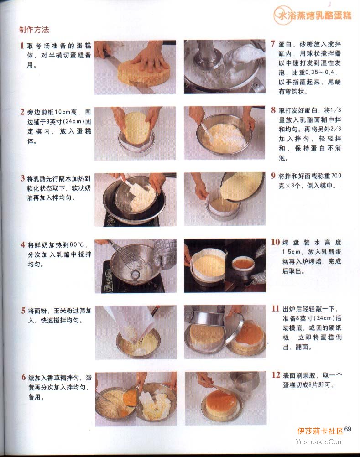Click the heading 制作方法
(34, 30)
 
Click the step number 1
(22, 46)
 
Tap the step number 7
(273, 44)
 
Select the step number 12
(276, 375)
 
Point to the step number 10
(276, 242)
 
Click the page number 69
(348, 429)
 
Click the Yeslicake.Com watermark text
(319, 442)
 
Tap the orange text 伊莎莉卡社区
(320, 431)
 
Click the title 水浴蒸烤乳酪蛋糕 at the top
(315, 15)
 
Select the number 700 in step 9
(336, 176)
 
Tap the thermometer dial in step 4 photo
(135, 275)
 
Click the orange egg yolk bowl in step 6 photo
(130, 398)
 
